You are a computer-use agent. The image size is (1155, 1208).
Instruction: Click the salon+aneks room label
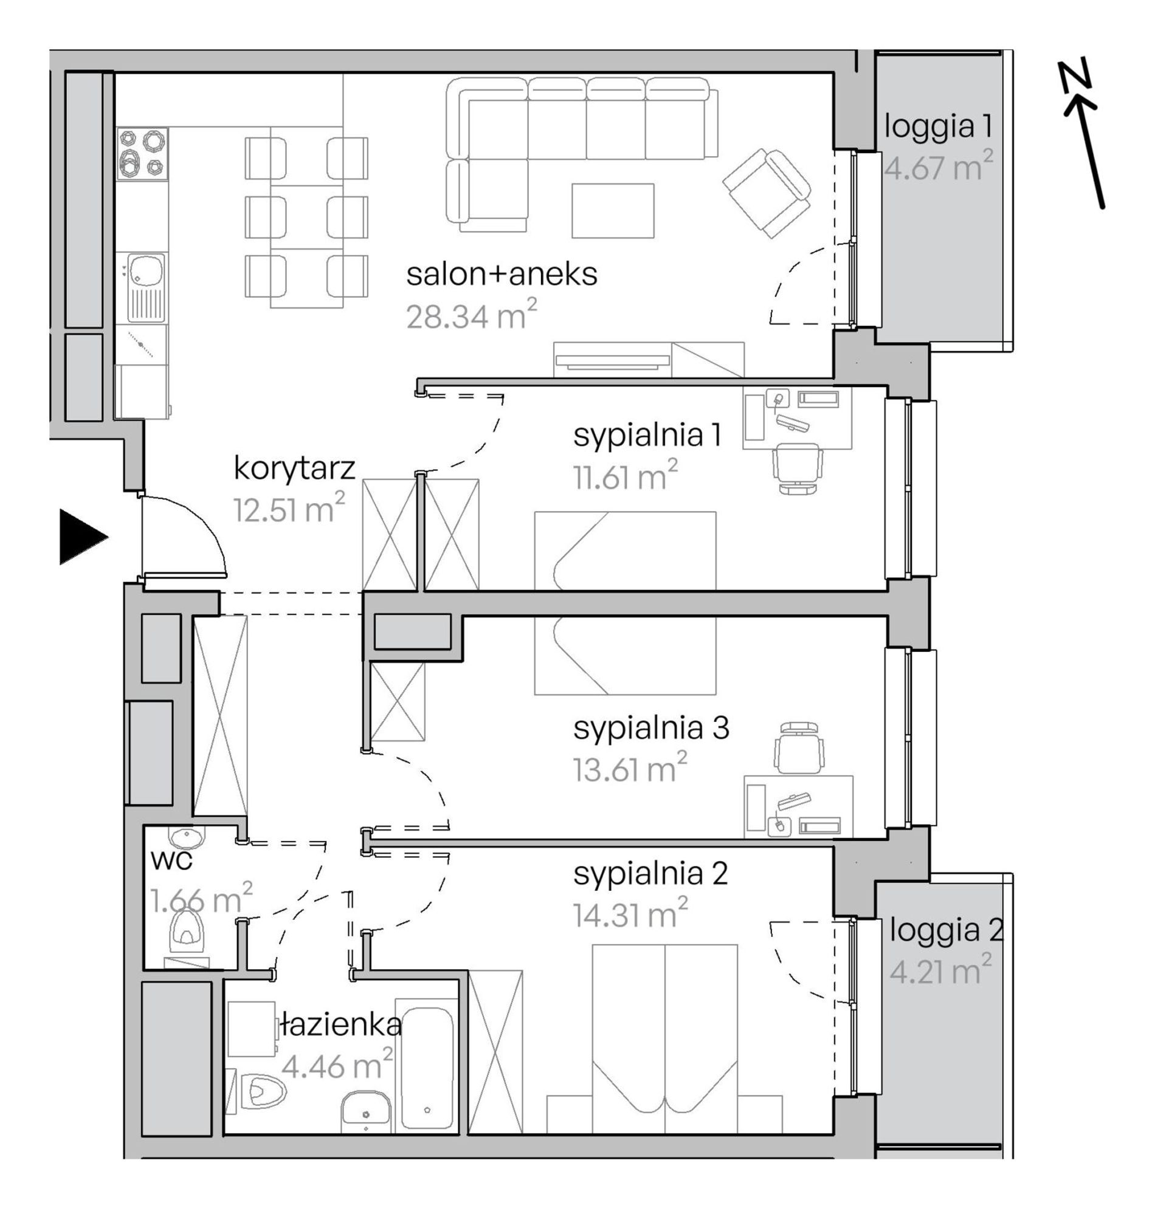(x=502, y=275)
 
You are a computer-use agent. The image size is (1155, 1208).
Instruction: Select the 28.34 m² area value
(x=472, y=315)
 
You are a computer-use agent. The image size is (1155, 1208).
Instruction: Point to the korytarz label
(x=294, y=468)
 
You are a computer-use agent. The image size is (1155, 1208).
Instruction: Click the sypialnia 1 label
(x=646, y=436)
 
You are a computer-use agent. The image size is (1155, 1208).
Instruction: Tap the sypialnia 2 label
(x=650, y=874)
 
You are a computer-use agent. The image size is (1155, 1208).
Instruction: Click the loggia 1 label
(x=937, y=127)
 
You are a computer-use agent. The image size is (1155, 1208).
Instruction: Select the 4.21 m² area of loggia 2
(x=941, y=972)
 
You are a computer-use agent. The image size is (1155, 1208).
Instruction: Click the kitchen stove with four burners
(x=142, y=154)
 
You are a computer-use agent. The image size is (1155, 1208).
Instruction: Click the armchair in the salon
(x=767, y=193)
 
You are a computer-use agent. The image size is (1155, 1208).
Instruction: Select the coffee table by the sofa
(x=613, y=210)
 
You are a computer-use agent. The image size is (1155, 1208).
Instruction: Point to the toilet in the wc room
(x=188, y=925)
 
